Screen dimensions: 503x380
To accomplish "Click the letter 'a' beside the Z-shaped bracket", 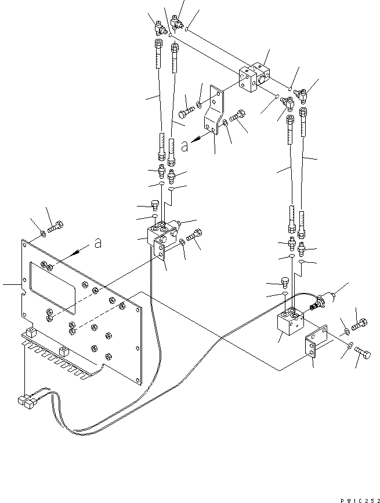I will point(184,147).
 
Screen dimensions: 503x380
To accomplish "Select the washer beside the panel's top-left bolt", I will point(43,236).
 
